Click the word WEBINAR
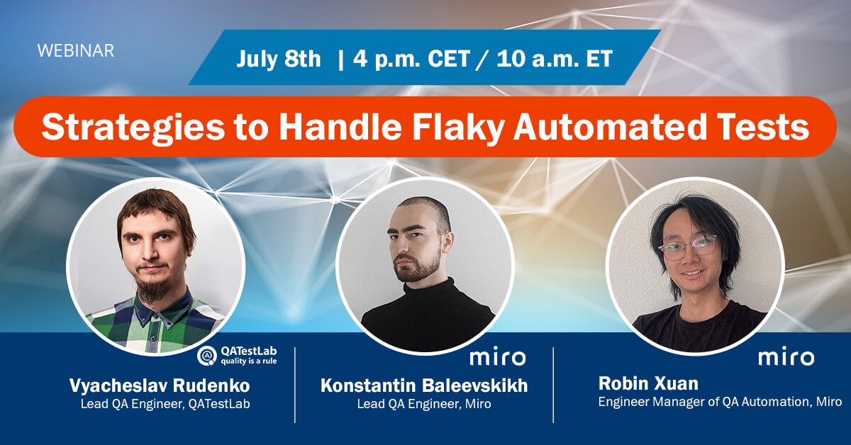click(75, 51)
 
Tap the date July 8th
click(279, 59)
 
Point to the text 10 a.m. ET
click(554, 59)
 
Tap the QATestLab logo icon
click(206, 355)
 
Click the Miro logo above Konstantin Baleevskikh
click(498, 357)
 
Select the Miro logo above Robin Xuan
click(786, 357)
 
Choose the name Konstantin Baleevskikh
click(424, 385)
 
